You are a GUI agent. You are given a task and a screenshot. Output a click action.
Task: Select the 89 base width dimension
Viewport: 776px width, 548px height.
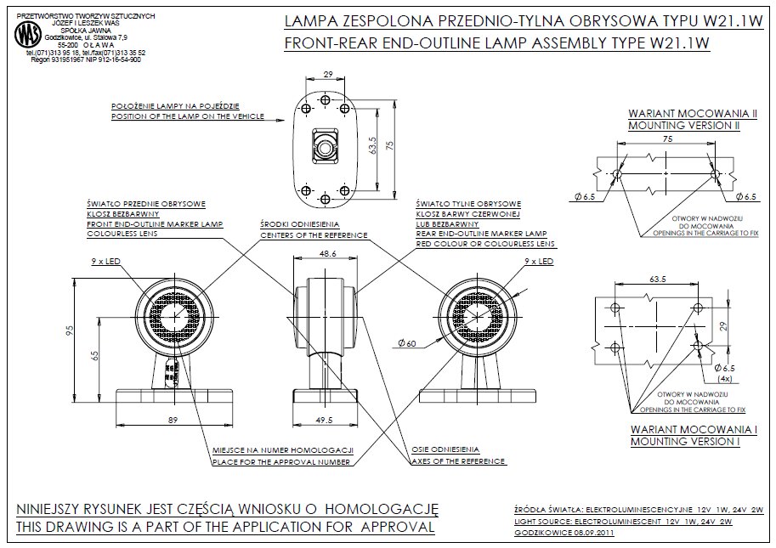pyautogui.click(x=173, y=419)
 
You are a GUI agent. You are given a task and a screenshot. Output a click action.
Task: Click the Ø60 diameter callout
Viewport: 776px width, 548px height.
pyautogui.click(x=406, y=343)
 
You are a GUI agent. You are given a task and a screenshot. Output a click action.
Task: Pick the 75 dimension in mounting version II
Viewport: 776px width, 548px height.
pyautogui.click(x=666, y=138)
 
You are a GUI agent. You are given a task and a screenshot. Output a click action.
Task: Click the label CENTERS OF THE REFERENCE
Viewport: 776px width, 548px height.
pyautogui.click(x=314, y=234)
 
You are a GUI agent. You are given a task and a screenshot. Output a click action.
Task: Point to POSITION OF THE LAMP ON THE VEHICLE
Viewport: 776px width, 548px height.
pyautogui.click(x=188, y=116)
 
